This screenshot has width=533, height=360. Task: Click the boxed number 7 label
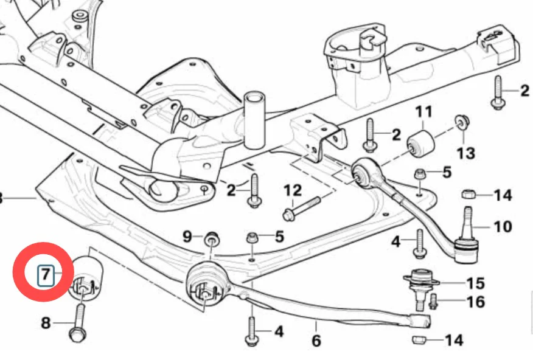pos(46,274)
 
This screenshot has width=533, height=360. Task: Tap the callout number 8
pos(46,323)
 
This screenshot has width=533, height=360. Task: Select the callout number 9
pos(187,236)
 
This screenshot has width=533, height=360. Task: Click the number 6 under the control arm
pos(316,341)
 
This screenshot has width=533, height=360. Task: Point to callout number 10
pos(503,227)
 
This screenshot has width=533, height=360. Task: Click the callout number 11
pos(423,111)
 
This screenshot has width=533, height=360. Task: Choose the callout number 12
pos(293,190)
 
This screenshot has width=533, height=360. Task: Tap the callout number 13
pos(465,153)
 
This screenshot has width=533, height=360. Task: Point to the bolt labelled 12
pos(301,207)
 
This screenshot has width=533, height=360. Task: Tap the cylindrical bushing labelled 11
pos(421,144)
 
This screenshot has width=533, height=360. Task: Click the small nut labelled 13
pos(462,121)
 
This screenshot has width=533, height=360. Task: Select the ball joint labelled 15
pos(421,287)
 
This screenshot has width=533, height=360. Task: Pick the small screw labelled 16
pos(433,302)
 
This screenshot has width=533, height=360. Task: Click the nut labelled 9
pos(211,239)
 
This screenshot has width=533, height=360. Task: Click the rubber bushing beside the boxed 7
pos(86,278)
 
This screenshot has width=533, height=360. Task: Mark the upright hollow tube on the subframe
pos(255,120)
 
